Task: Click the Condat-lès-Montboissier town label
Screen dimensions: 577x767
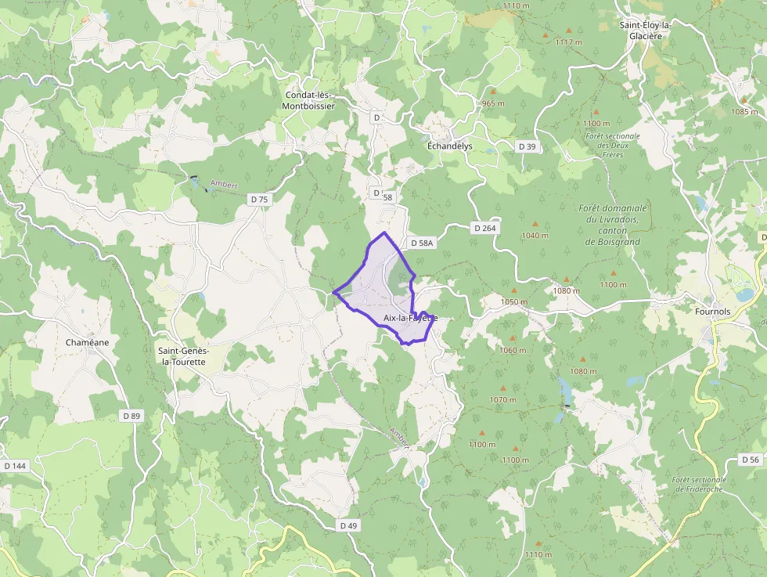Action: (x=309, y=100)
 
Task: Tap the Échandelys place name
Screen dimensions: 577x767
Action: (x=450, y=146)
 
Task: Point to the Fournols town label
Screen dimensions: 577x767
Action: (x=712, y=311)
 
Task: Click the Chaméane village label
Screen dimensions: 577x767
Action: (x=88, y=343)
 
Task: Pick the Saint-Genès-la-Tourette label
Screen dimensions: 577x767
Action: (x=182, y=356)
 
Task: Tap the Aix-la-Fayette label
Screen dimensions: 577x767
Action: (x=410, y=318)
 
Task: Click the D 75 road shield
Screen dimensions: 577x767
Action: (x=259, y=200)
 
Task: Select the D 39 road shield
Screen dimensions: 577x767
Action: (x=528, y=146)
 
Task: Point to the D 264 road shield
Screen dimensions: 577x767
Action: (x=484, y=228)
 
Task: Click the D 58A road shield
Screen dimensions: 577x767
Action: (x=420, y=243)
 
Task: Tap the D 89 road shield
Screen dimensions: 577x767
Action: (x=131, y=416)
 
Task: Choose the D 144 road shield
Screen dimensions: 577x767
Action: (x=15, y=466)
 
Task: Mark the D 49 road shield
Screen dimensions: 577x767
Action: (x=348, y=525)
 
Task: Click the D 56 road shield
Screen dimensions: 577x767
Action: (x=750, y=460)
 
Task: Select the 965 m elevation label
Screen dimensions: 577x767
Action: (x=493, y=103)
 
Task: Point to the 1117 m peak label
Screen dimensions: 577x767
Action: (x=568, y=41)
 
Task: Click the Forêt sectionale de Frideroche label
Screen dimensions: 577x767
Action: (x=699, y=485)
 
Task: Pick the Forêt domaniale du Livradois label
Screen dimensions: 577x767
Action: (x=613, y=225)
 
